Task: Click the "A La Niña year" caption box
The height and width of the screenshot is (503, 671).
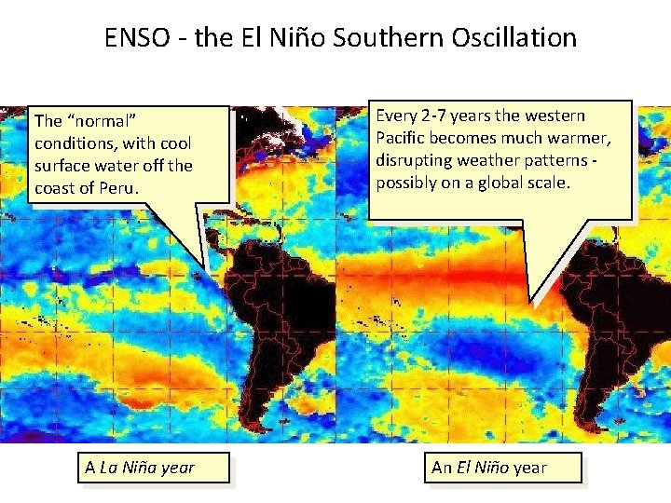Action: point(140,468)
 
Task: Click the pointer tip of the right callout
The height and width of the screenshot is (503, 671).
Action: point(530,302)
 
